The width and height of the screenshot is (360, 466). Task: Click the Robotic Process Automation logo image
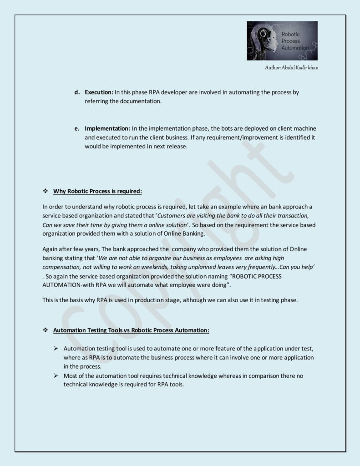[x=282, y=41]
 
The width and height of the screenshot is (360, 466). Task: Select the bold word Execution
[x=99, y=92]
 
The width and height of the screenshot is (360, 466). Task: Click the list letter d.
[x=77, y=92]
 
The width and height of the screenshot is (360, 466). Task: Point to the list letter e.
[x=77, y=128]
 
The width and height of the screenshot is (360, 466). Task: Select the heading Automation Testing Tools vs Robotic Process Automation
[x=131, y=330]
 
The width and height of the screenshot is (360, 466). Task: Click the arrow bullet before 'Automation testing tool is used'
[x=56, y=349]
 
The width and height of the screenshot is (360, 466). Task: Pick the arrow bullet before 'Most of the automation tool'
[x=56, y=376]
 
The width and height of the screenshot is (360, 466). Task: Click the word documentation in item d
[x=137, y=101]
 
